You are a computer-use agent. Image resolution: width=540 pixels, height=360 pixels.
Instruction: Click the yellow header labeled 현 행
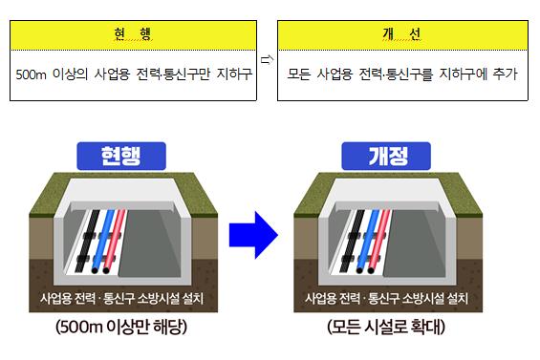(x=133, y=35)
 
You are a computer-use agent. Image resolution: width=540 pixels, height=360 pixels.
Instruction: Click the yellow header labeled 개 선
(x=402, y=35)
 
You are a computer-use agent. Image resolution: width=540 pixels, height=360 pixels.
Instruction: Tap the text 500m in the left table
(x=31, y=74)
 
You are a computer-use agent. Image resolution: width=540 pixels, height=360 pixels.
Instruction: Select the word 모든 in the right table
(x=299, y=74)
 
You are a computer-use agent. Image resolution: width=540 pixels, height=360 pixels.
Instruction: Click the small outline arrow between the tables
(x=267, y=60)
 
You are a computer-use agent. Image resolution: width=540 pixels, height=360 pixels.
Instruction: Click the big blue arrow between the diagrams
(x=253, y=235)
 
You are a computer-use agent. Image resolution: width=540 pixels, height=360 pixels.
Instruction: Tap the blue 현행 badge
(x=121, y=156)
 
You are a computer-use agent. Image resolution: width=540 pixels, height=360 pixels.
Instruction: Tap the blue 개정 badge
(x=386, y=156)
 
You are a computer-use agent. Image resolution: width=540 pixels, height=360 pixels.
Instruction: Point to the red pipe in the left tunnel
(x=115, y=240)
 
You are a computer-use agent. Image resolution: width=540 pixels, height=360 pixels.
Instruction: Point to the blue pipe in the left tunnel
(x=103, y=240)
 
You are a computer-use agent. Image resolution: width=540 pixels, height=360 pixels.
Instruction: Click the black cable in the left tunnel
(x=88, y=240)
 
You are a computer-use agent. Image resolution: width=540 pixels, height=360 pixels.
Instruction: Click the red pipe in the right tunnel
(x=379, y=240)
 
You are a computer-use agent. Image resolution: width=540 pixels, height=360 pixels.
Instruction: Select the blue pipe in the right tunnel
(x=368, y=240)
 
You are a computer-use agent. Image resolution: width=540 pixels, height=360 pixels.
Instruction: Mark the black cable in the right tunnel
(x=353, y=240)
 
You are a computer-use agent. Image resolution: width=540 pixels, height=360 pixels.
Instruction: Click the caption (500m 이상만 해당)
(x=121, y=327)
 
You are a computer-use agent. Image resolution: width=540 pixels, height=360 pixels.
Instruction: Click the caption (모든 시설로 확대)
(x=386, y=327)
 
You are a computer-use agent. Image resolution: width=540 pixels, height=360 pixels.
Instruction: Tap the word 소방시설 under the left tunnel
(x=159, y=298)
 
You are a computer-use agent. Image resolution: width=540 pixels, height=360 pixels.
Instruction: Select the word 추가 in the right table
(x=506, y=74)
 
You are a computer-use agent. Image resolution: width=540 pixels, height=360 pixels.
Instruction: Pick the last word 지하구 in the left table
(x=234, y=74)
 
